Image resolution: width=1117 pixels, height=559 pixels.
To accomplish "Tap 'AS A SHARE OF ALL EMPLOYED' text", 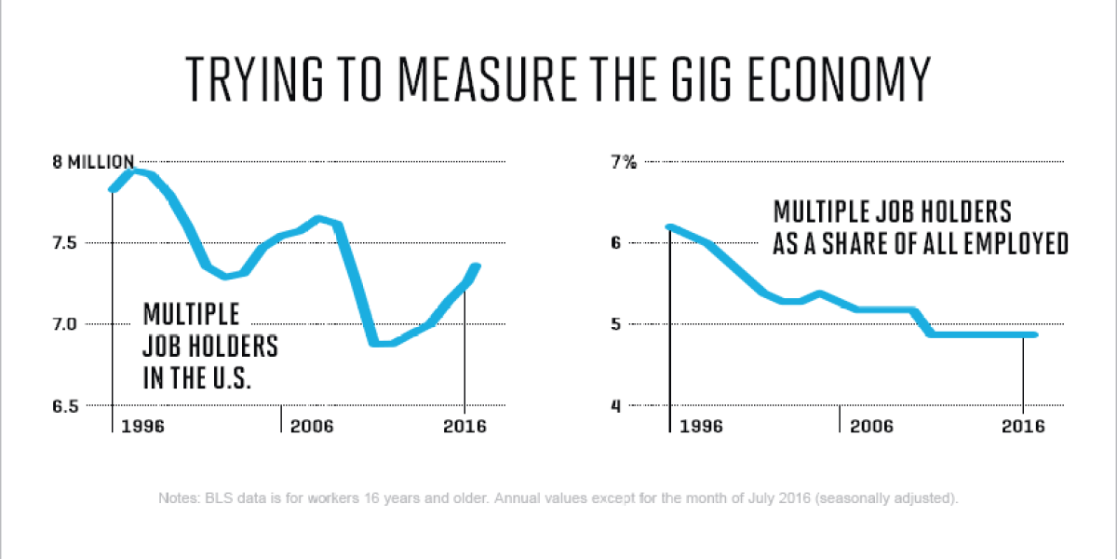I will click(920, 244).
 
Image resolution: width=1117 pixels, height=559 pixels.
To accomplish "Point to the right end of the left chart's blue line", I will click(476, 267).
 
